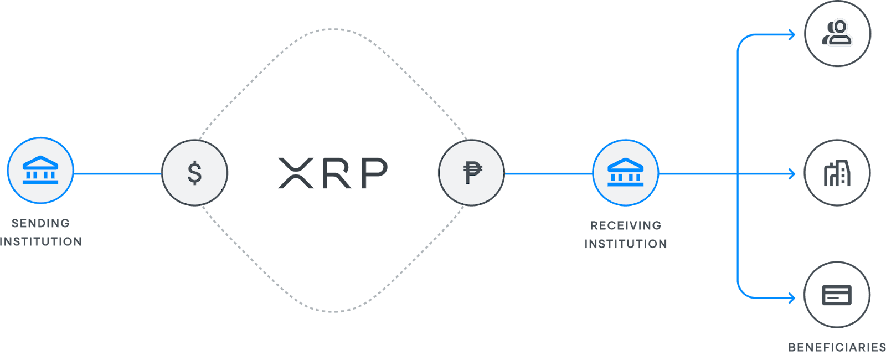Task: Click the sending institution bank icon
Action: pyautogui.click(x=40, y=171)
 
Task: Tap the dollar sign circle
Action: pyautogui.click(x=194, y=173)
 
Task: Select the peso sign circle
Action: pyautogui.click(x=471, y=173)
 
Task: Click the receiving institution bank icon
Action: pyautogui.click(x=626, y=173)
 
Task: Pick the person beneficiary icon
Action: pyautogui.click(x=838, y=34)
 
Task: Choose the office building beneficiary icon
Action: pyautogui.click(x=837, y=173)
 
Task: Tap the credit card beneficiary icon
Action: pyautogui.click(x=837, y=295)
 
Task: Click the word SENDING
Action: pyautogui.click(x=41, y=224)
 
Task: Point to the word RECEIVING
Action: pyautogui.click(x=626, y=225)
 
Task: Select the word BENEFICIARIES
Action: pyautogui.click(x=837, y=347)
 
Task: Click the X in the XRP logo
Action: pyautogui.click(x=296, y=173)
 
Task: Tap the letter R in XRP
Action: pyautogui.click(x=337, y=173)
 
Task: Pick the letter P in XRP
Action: pyautogui.click(x=374, y=173)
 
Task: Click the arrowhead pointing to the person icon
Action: pyautogui.click(x=792, y=35)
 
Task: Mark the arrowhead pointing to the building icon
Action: pyautogui.click(x=792, y=174)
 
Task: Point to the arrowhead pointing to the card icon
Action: pyautogui.click(x=792, y=298)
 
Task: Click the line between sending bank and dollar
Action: pyautogui.click(x=117, y=173)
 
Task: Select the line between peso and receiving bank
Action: pyautogui.click(x=549, y=173)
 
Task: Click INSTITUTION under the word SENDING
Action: pyautogui.click(x=41, y=241)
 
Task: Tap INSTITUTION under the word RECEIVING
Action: pyautogui.click(x=626, y=244)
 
